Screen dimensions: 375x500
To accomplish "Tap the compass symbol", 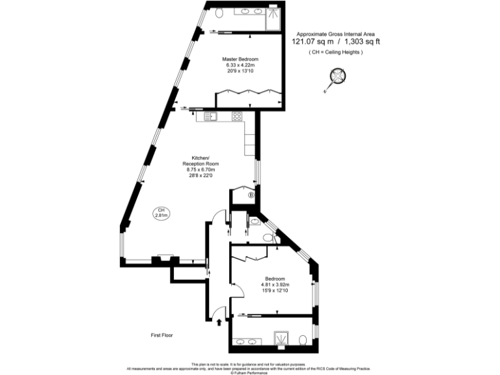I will coord(337,79).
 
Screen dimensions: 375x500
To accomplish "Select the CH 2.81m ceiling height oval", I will coord(161,212).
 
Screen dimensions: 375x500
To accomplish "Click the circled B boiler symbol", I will coord(251,195).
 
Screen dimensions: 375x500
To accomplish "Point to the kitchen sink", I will coord(210,117).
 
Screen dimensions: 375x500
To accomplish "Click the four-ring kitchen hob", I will coord(238,117).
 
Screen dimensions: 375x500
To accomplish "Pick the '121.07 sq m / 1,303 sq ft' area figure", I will coord(335,42).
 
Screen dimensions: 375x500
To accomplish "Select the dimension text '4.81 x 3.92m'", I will coord(274,285).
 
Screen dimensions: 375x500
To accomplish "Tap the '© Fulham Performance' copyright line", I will coord(249,372).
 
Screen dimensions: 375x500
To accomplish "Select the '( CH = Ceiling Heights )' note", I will coord(335,52).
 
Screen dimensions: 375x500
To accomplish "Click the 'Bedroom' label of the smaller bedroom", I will coord(274,279).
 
